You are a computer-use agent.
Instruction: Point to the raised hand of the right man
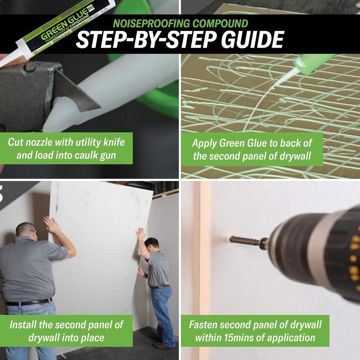point(141,233)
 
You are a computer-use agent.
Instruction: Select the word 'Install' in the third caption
point(23,324)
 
